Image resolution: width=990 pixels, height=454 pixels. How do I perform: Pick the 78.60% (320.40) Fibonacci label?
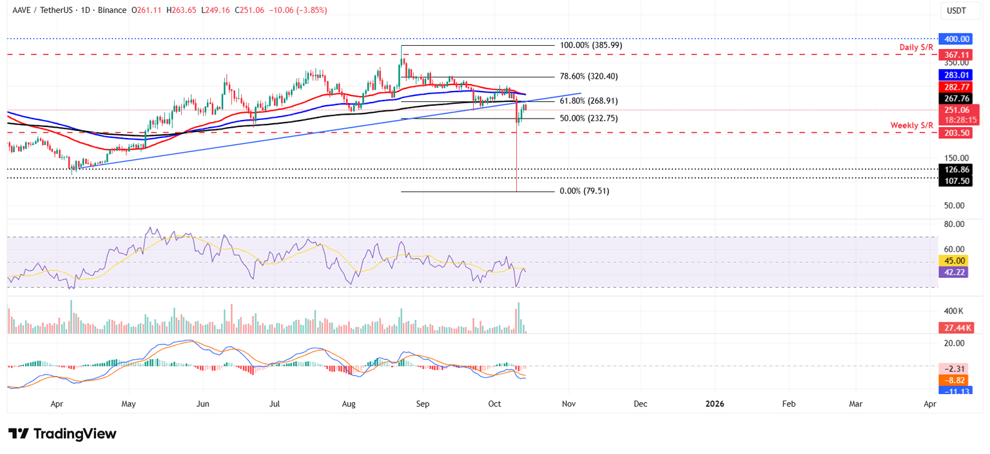[x=589, y=76]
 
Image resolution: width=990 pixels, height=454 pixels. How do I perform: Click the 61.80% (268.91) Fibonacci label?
[x=589, y=101]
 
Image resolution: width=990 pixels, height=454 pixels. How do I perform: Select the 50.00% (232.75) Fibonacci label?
[x=589, y=119]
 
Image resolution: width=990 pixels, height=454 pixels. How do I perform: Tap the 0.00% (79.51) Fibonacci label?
[x=585, y=191]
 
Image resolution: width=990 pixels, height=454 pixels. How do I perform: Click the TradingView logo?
[x=62, y=433]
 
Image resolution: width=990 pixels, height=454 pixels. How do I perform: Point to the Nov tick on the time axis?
[x=568, y=404]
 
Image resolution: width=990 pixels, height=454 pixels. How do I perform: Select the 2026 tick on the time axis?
[x=714, y=404]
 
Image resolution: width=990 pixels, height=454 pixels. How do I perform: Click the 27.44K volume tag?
[x=954, y=328]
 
